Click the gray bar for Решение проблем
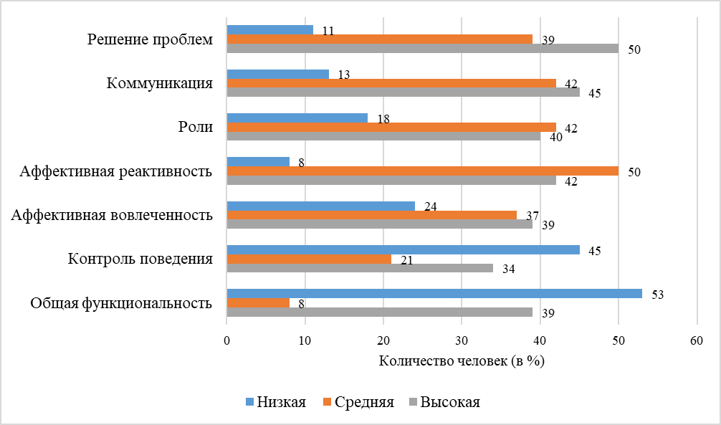click(423, 48)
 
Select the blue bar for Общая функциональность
click(434, 293)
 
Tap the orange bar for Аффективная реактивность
click(423, 171)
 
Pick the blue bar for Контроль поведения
click(404, 249)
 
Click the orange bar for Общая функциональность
click(258, 302)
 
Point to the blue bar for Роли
click(297, 118)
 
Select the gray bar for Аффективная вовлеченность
click(380, 224)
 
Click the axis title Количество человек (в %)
click(462, 361)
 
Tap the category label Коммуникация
click(159, 83)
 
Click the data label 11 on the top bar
click(328, 31)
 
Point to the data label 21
click(406, 259)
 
